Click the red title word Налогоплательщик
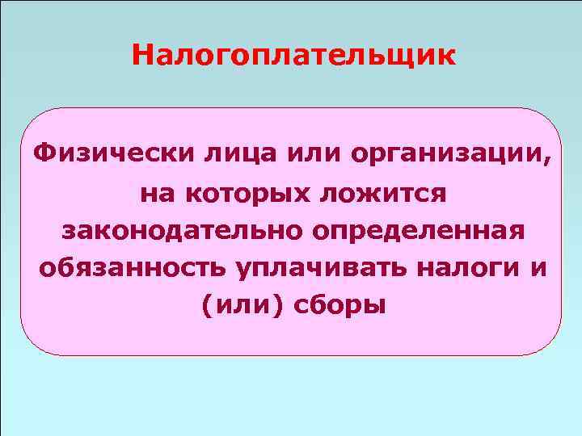[293, 57]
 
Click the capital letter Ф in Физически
[40, 153]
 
